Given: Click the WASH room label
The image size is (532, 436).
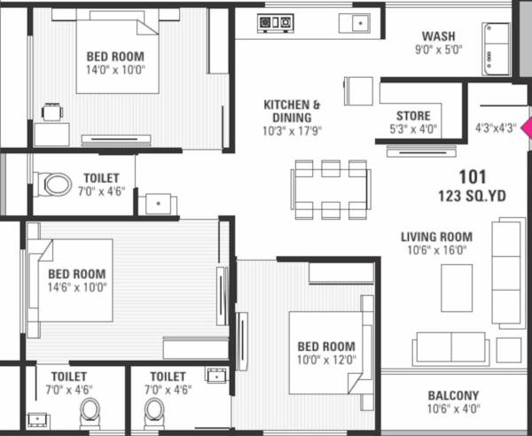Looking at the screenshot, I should (x=438, y=36).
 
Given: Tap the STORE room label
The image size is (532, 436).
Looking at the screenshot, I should (x=413, y=116).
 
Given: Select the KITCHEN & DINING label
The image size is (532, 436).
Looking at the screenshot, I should (x=292, y=111).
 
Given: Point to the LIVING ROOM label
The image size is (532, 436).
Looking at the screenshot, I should (x=436, y=237).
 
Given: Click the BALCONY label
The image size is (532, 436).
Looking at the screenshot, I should (x=453, y=395).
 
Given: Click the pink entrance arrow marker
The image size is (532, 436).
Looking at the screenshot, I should (x=526, y=128).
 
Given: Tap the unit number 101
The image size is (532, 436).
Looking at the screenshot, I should (x=471, y=176).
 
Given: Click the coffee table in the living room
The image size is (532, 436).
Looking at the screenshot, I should (x=457, y=288).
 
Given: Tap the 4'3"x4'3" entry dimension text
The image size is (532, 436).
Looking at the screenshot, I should (x=495, y=127).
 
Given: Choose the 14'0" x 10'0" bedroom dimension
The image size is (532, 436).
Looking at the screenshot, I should (x=115, y=68).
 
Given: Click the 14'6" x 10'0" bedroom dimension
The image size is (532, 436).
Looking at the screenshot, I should (x=77, y=286).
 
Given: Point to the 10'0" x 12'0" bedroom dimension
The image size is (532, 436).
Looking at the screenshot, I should (x=326, y=359).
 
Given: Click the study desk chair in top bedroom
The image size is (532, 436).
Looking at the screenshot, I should (x=52, y=112).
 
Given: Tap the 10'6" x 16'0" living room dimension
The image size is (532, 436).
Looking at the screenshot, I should (x=436, y=250).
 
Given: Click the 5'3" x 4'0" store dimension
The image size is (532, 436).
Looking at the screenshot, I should (x=413, y=129).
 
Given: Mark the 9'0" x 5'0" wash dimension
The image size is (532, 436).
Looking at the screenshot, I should (x=438, y=50).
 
